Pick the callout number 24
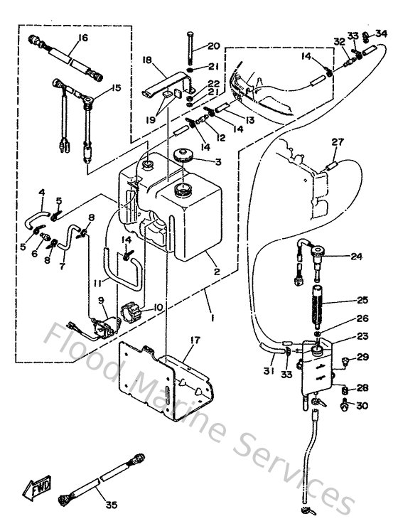pos(356,257)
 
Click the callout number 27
pos(336,142)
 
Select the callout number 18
pos(149,62)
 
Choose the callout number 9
pos(102,301)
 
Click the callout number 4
pos(41,193)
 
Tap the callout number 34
pos(382,33)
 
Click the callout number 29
pos(363,357)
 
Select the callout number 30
pos(363,406)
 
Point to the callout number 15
pos(117,88)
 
